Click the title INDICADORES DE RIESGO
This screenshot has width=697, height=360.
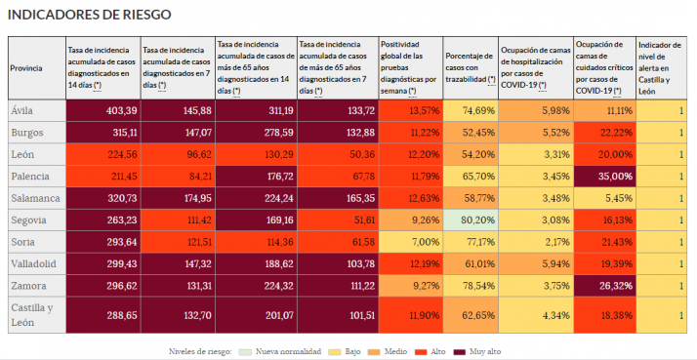pos(89,16)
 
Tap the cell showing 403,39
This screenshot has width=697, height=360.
pos(102,110)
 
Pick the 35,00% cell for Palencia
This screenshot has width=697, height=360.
pos(602,177)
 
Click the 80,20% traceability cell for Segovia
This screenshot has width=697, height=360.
pos(470,220)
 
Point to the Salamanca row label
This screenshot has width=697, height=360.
pos(35,198)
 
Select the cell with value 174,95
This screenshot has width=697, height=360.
pos(177,198)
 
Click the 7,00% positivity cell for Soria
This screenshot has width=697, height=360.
pos(410,242)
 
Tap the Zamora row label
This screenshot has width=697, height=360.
pos(29,286)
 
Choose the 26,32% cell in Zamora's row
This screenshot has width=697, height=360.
pos(602,286)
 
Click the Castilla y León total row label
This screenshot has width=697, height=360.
pos(32,314)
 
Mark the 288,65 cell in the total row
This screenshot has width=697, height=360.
pos(102,316)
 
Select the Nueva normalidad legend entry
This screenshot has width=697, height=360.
pos(286,349)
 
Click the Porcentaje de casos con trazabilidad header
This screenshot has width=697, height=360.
pos(470,67)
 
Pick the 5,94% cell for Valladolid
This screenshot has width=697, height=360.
pos(535,263)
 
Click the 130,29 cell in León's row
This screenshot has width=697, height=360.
pos(255,154)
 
